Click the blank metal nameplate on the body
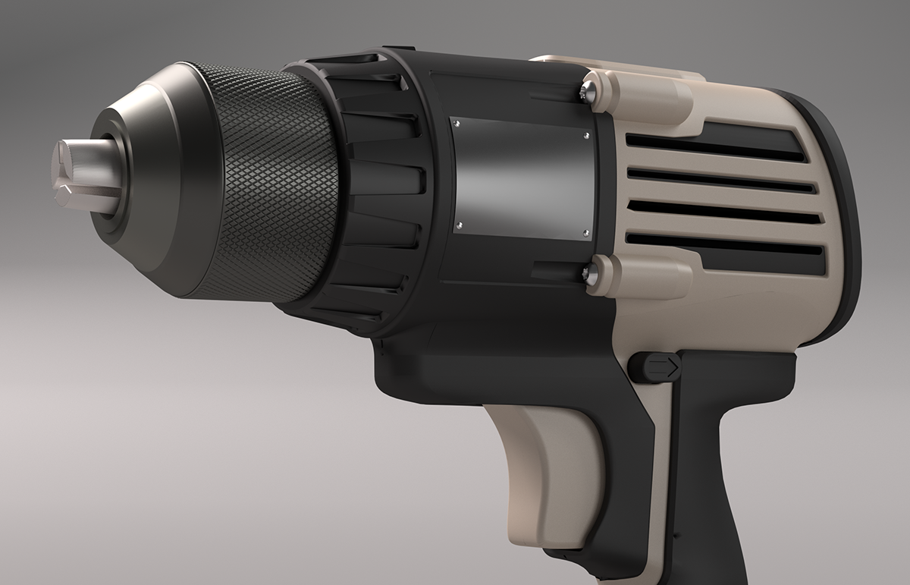(520, 179)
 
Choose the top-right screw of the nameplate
(586, 136)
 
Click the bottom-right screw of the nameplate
(585, 233)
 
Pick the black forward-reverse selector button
(654, 367)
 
